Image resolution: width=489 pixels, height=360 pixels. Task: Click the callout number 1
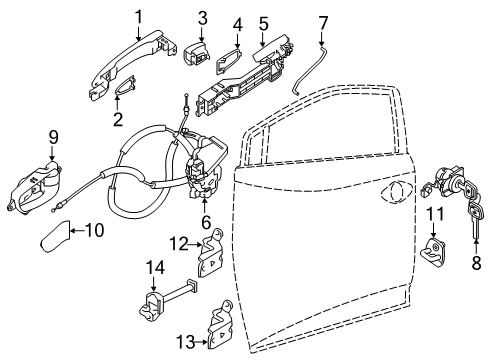140,17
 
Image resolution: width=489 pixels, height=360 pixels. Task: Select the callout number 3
201,17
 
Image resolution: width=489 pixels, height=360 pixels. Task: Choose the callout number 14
155,267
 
